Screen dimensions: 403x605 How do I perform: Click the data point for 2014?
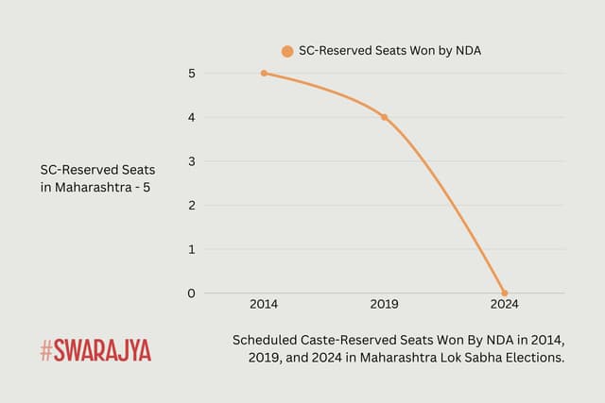pyautogui.click(x=264, y=74)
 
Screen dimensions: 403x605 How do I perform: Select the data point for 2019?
pyautogui.click(x=384, y=117)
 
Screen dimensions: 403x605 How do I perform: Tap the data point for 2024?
pyautogui.click(x=504, y=293)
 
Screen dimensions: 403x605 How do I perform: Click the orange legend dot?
pyautogui.click(x=287, y=51)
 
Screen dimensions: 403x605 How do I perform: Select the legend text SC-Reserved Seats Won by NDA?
pyautogui.click(x=389, y=51)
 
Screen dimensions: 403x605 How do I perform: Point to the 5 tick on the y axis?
pyautogui.click(x=191, y=74)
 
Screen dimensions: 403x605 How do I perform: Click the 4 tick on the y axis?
pyautogui.click(x=191, y=117)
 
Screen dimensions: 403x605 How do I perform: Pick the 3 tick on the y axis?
pyautogui.click(x=191, y=161)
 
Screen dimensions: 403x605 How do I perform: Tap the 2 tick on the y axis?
pyautogui.click(x=191, y=205)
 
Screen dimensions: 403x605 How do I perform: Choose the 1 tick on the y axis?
pyautogui.click(x=191, y=249)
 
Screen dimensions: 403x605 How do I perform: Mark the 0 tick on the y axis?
pyautogui.click(x=191, y=293)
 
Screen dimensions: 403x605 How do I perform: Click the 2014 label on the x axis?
pyautogui.click(x=264, y=305)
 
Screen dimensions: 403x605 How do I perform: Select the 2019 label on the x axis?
pyautogui.click(x=384, y=305)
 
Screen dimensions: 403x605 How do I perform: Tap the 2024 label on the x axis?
pyautogui.click(x=503, y=305)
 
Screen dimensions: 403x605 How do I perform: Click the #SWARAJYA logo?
pyautogui.click(x=95, y=351)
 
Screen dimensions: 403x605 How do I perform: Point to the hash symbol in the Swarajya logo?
pyautogui.click(x=46, y=351)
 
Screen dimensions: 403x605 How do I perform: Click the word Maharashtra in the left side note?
pyautogui.click(x=95, y=187)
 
